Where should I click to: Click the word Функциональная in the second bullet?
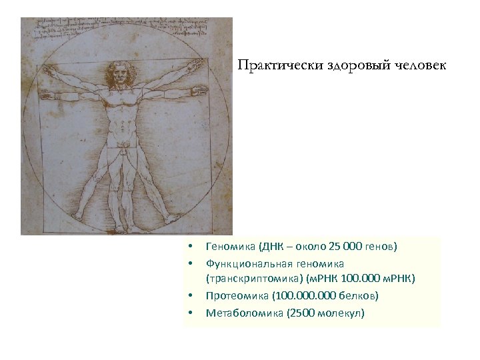[247, 264]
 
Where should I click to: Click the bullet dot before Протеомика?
[190, 295]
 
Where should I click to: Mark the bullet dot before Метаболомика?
[190, 312]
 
